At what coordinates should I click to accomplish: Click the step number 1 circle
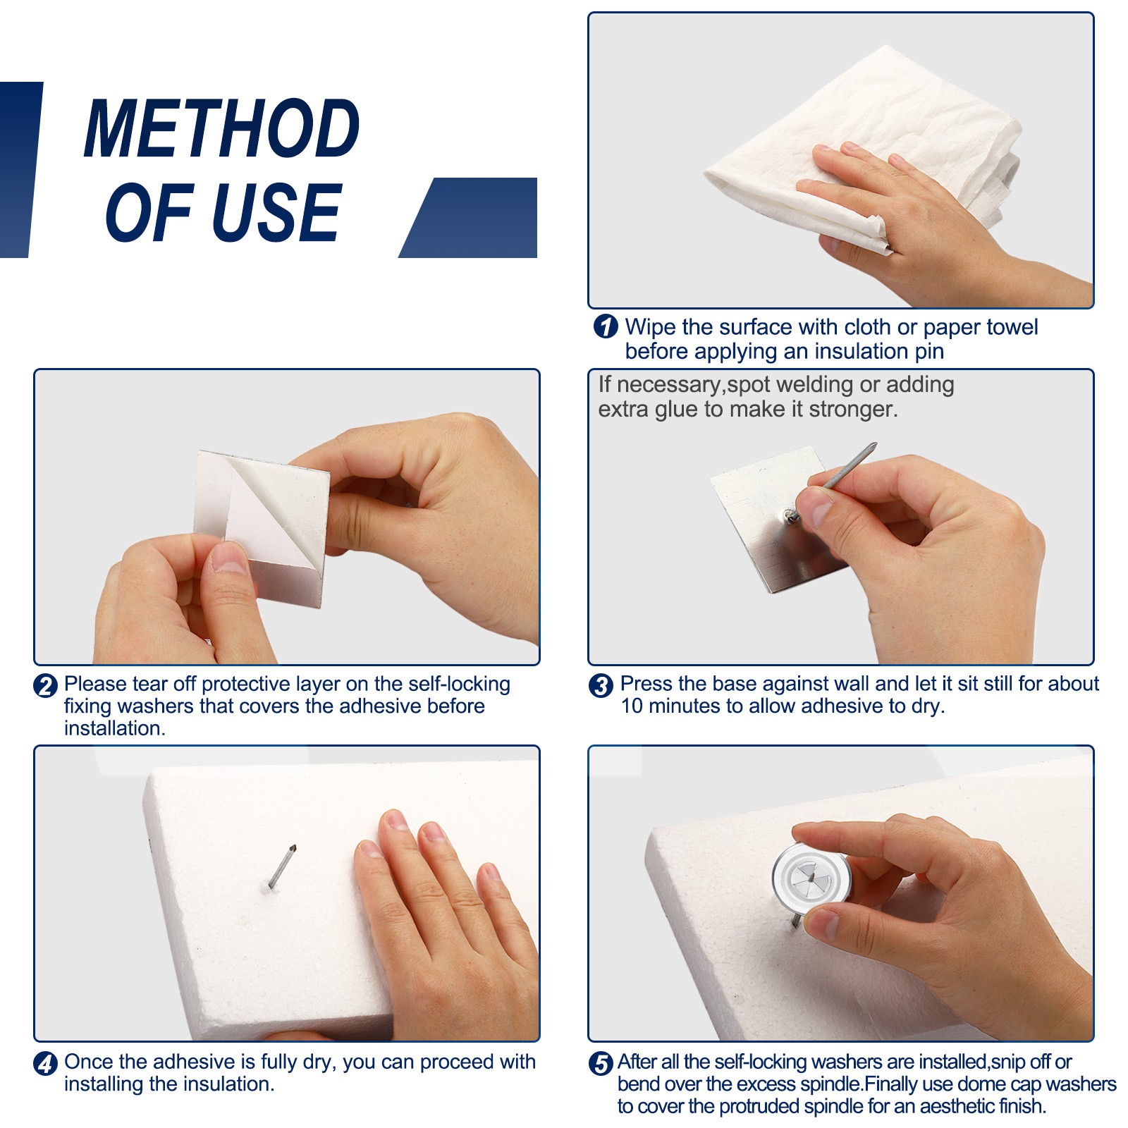click(x=606, y=326)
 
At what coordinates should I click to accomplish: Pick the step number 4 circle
click(x=46, y=1063)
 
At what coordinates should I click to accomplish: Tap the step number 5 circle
click(x=601, y=1063)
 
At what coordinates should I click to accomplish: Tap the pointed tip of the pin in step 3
click(x=876, y=444)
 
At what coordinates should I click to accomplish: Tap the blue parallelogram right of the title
click(x=468, y=217)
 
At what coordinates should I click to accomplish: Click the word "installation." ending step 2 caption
click(x=115, y=728)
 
